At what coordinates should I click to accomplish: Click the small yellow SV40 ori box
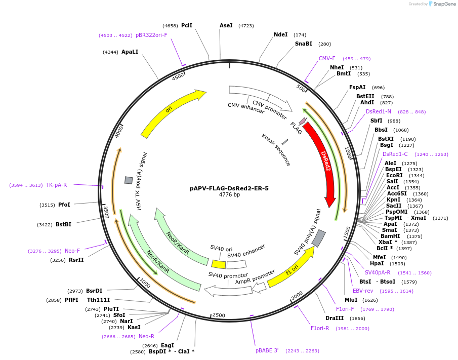(219, 264)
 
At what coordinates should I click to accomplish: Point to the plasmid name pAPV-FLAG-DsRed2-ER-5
(229, 188)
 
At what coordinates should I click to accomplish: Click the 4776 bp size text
(229, 195)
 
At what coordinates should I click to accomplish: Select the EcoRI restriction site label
(395, 175)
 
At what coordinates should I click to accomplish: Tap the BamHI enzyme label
(390, 236)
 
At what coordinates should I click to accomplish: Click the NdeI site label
(280, 34)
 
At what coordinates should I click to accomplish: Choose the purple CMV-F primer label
(327, 58)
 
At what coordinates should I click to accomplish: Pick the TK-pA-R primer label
(56, 185)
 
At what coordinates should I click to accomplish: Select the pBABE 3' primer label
(267, 350)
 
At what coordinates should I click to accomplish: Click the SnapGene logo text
(442, 4)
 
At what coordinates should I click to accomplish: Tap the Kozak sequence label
(276, 150)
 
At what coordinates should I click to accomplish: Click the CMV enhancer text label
(246, 108)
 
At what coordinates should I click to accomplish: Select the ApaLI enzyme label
(130, 52)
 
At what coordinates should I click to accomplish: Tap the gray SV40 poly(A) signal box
(318, 238)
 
